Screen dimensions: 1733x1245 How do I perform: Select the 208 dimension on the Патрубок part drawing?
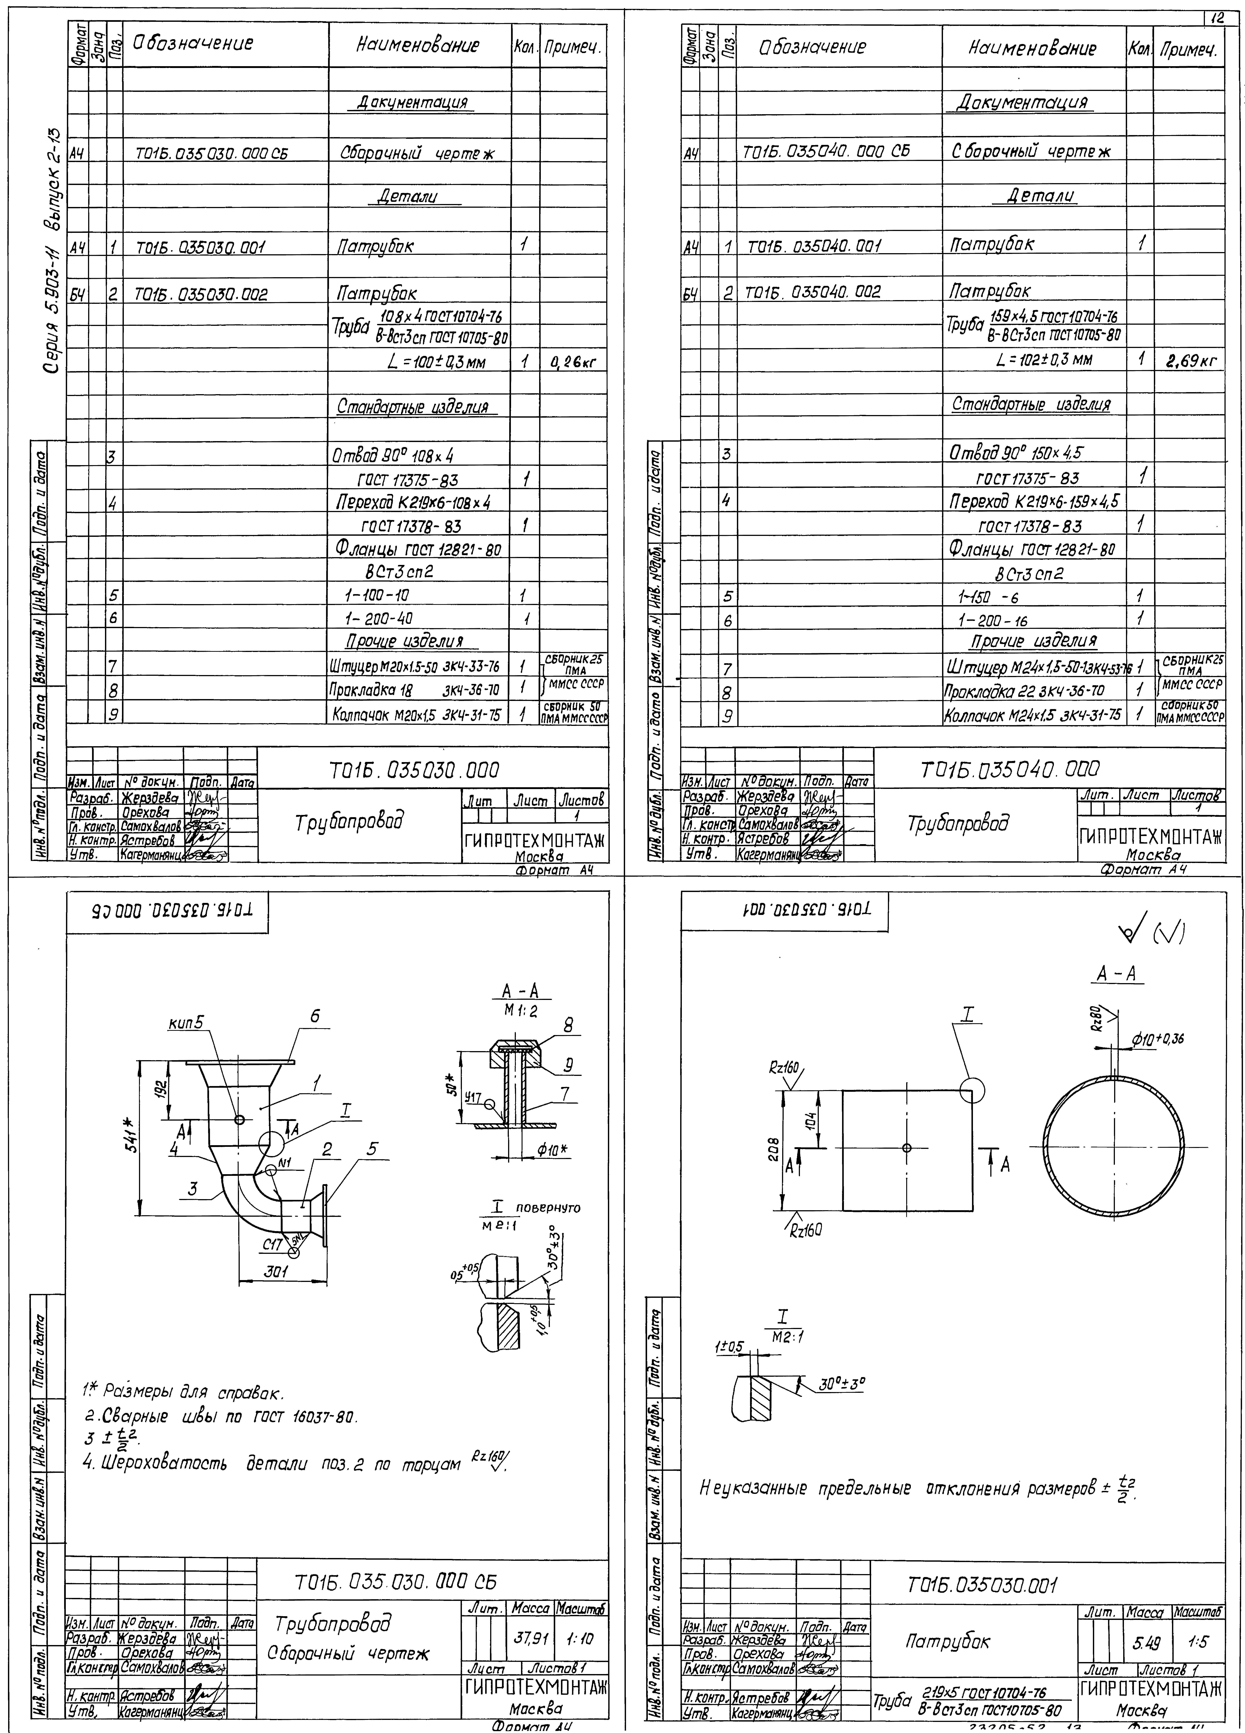(x=774, y=1150)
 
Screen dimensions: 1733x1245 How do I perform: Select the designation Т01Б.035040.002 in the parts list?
(x=813, y=291)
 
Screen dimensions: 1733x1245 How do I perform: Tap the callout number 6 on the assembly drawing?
(x=314, y=1015)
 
